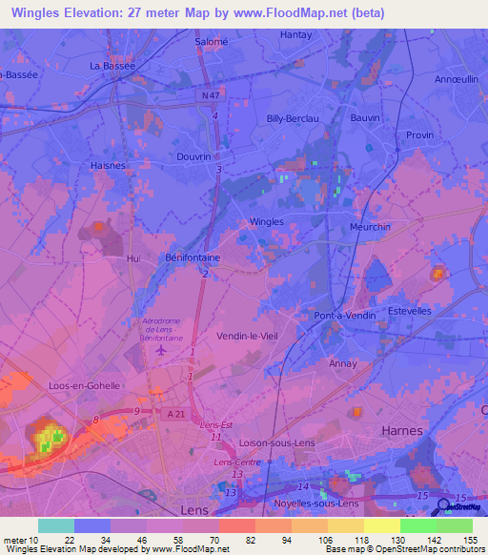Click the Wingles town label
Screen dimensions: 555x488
266,221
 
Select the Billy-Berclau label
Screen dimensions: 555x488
291,118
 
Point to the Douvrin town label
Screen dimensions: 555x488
194,156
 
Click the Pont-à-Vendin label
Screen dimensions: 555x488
341,315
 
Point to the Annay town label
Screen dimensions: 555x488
342,363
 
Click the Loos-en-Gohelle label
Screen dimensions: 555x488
84,385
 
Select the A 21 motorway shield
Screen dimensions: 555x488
173,412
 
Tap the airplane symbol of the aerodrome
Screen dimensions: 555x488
161,350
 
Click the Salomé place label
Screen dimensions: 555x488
212,42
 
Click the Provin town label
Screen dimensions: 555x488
419,135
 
